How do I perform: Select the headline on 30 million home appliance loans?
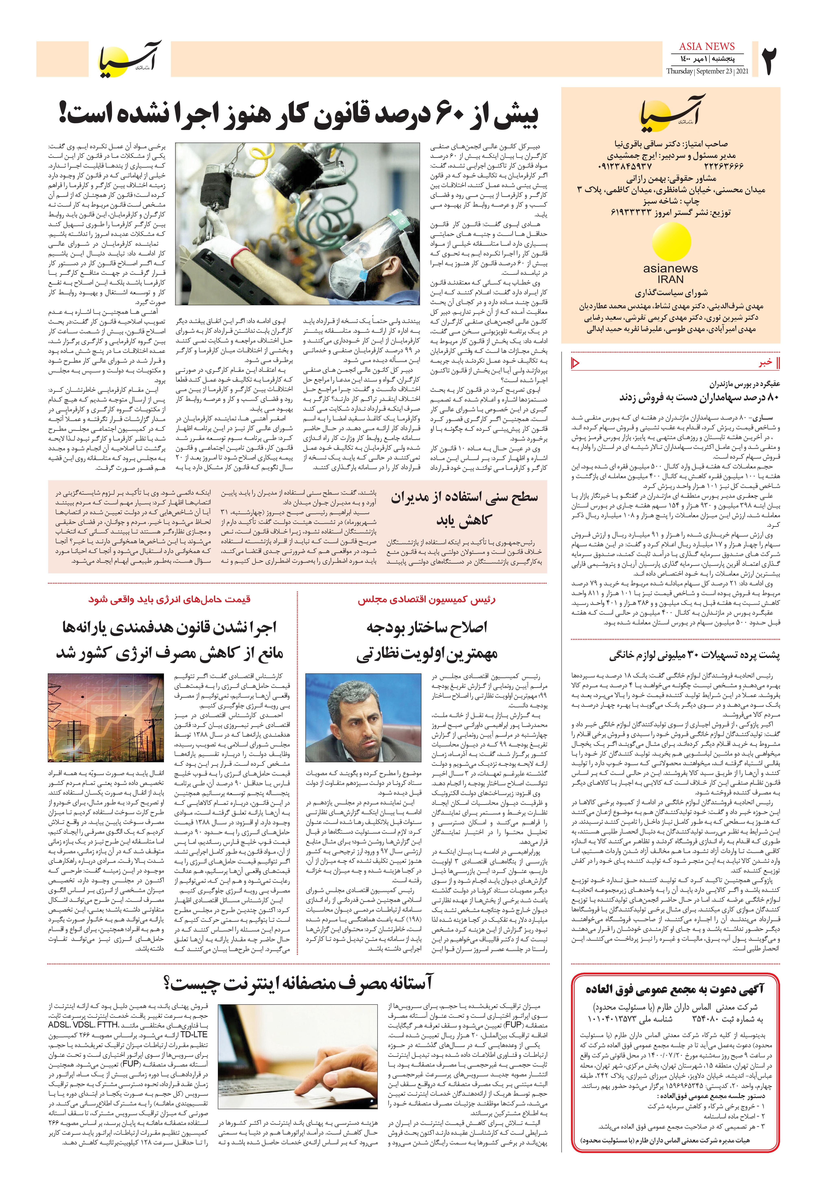tap(694, 654)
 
